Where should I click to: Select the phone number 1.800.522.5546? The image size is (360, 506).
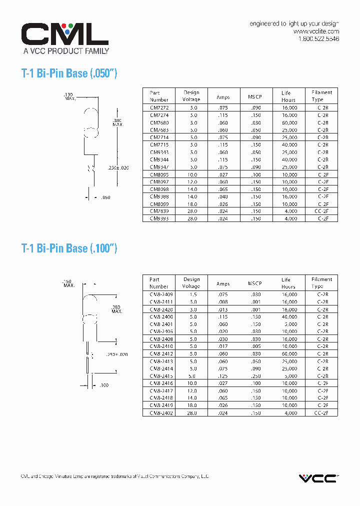coord(318,39)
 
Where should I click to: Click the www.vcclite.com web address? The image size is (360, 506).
coord(316,31)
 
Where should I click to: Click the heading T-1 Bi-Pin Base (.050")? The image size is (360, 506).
coord(69,73)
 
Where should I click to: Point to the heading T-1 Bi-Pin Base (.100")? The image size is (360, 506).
coord(69,248)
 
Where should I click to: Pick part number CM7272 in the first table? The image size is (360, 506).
coord(159,107)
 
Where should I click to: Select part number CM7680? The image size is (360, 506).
coord(159,122)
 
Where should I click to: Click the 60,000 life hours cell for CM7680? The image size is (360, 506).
coord(289,122)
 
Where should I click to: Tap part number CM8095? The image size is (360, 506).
coord(159,174)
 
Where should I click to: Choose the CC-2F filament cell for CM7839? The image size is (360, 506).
coord(321,211)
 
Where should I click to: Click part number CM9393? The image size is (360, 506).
coord(159,218)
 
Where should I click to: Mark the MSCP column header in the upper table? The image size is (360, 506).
coord(254,96)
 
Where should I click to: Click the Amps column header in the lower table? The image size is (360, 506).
coord(223,283)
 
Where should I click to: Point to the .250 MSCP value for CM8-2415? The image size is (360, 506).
coord(255,376)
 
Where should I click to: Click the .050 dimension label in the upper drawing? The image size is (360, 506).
coord(105,197)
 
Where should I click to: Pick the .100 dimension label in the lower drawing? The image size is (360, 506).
coord(104,385)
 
